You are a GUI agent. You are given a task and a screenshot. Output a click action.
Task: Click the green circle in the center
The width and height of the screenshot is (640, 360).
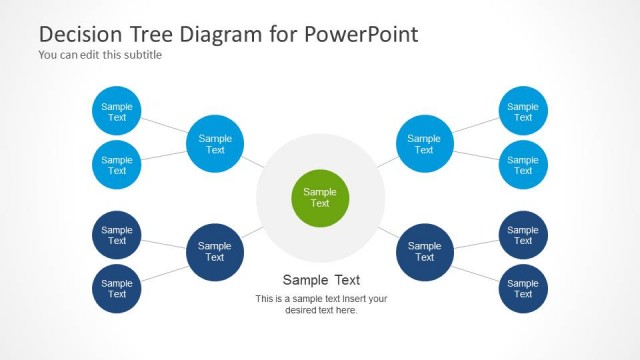tap(320, 198)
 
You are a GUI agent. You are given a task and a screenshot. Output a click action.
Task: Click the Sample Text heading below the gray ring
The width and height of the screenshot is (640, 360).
tap(321, 280)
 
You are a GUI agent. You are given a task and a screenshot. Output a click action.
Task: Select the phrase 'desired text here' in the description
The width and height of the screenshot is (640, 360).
tap(321, 310)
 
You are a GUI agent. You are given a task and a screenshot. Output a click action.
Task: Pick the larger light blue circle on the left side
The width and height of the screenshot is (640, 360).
tap(215, 145)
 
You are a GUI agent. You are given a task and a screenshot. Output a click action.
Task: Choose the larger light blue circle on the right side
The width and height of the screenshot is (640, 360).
tap(424, 145)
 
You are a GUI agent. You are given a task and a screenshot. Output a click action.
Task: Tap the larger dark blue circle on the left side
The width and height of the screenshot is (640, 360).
tap(215, 252)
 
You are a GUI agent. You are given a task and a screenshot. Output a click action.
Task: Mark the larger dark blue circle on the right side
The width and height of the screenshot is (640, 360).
tap(424, 252)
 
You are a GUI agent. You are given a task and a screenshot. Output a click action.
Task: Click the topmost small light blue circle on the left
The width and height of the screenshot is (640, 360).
tap(117, 112)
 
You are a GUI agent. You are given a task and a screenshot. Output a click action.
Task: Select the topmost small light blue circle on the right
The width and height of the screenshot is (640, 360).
tap(523, 112)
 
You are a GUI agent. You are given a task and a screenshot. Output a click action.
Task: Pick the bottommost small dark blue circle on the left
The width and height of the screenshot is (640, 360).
tap(117, 289)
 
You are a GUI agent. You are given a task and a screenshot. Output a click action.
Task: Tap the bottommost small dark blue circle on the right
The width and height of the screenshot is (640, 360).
tap(523, 289)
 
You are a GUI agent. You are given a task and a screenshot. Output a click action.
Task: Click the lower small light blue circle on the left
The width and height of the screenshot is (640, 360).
tap(117, 165)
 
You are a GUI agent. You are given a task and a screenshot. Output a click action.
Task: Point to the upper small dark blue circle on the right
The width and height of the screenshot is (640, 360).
tap(523, 236)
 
